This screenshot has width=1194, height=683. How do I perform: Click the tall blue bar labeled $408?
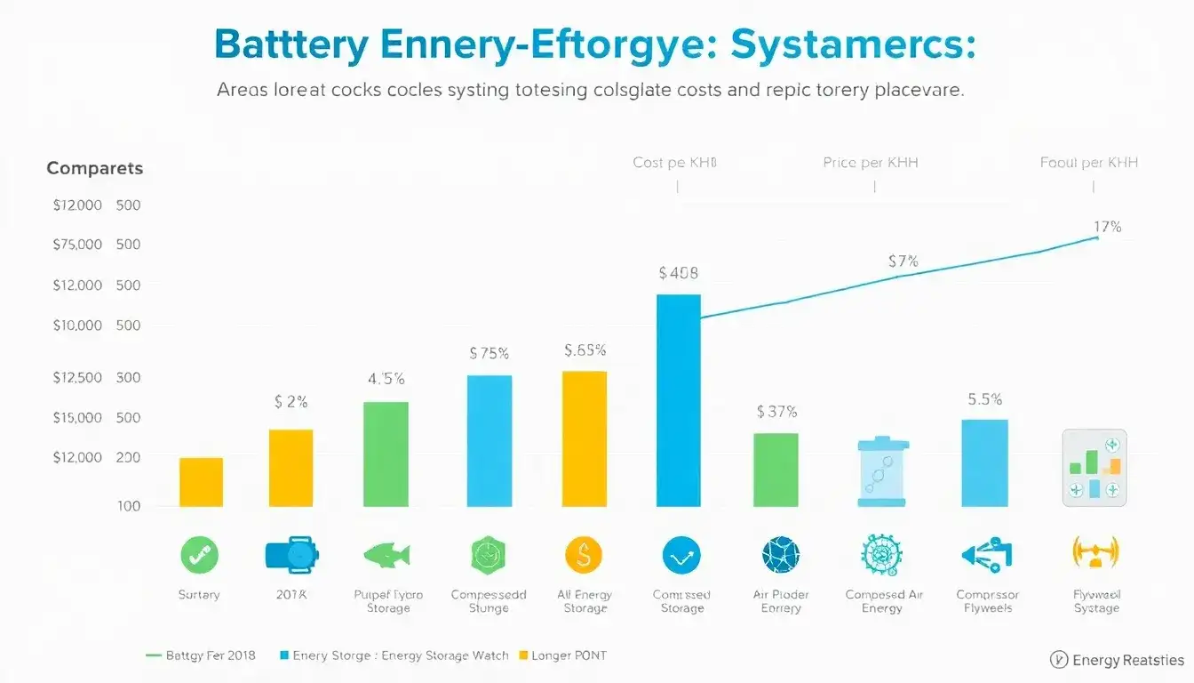(678, 400)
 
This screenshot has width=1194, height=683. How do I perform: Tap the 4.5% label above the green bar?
(386, 379)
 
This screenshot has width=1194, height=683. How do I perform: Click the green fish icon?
(387, 556)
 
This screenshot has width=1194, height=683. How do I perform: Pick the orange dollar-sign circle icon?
(584, 556)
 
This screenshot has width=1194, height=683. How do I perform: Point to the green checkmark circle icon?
(199, 556)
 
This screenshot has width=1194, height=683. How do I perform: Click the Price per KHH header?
(871, 163)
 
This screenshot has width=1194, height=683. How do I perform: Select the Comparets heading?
(94, 168)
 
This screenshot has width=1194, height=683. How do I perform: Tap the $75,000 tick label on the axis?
(77, 245)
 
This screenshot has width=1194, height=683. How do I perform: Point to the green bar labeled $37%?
(776, 470)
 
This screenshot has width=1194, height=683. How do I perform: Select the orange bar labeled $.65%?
(585, 438)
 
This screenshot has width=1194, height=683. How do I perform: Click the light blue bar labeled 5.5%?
(984, 462)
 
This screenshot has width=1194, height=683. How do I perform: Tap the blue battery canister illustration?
(881, 471)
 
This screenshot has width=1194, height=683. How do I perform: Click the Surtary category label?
(198, 595)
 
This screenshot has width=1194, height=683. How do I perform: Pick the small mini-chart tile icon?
(1094, 468)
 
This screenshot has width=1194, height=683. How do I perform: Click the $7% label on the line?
(903, 261)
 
